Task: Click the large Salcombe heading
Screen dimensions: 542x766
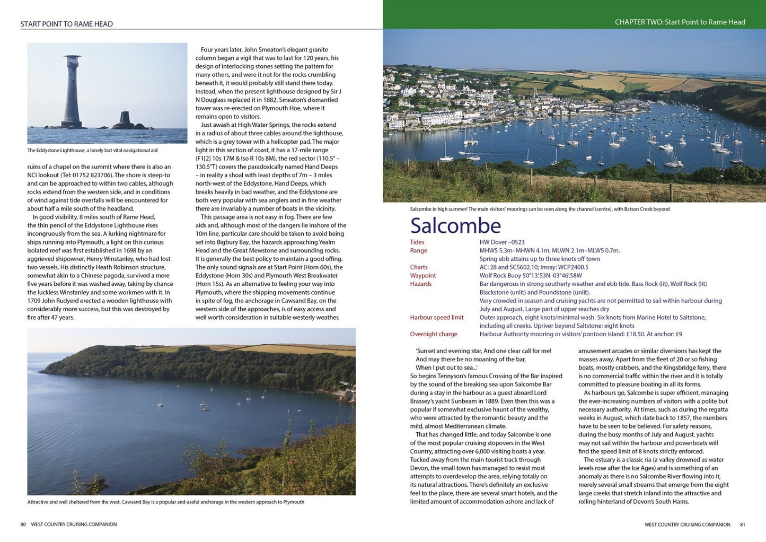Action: tap(455, 226)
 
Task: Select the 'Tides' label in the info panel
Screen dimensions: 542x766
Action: tap(417, 242)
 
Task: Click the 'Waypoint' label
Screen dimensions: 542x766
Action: tap(423, 276)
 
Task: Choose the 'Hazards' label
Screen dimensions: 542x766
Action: tap(421, 284)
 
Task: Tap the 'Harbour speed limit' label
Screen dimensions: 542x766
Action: tap(437, 318)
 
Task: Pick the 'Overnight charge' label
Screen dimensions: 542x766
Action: tap(434, 335)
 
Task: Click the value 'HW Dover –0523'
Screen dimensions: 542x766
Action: tap(502, 242)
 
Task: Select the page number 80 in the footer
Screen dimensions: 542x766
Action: tap(23, 524)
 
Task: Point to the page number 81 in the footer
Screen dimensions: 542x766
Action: tap(742, 524)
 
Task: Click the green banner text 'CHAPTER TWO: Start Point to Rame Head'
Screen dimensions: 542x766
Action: tap(680, 22)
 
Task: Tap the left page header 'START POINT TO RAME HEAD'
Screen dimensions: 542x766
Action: tap(67, 24)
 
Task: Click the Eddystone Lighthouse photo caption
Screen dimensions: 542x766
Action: tap(93, 151)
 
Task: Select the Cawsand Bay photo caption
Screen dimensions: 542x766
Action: tap(166, 502)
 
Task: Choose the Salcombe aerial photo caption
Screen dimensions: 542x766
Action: tap(540, 209)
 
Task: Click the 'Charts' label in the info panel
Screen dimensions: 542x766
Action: tap(419, 267)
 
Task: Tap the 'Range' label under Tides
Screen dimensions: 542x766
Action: tap(419, 251)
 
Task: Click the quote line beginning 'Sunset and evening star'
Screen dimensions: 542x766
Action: tap(483, 351)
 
